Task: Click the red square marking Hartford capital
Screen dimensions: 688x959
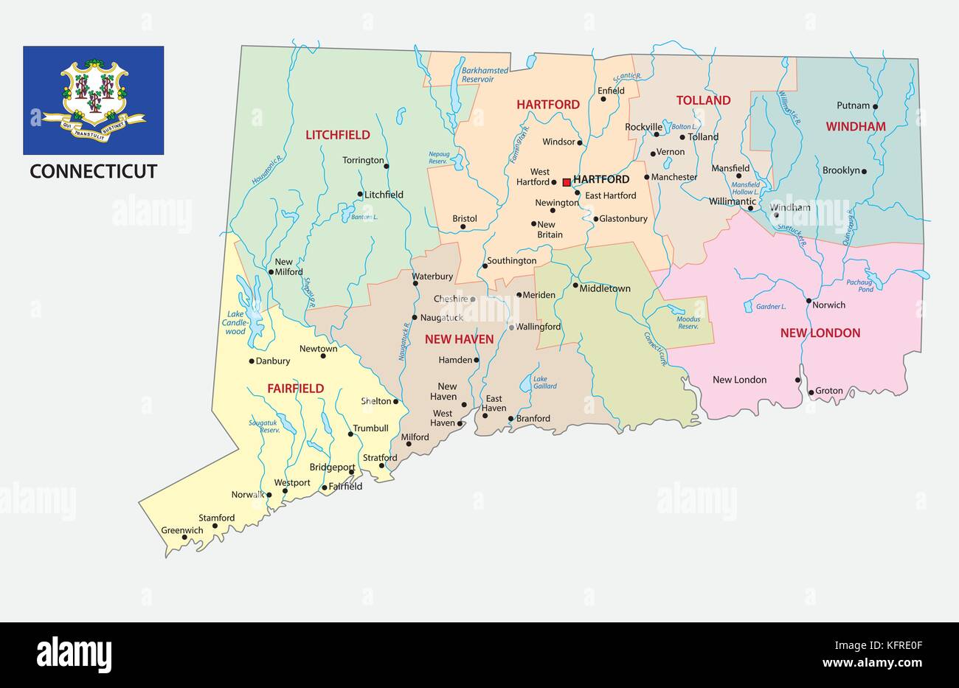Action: click(567, 181)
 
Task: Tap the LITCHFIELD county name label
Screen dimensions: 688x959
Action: click(338, 135)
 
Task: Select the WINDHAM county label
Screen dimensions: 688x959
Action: click(855, 127)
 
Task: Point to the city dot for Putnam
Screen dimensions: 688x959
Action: click(876, 107)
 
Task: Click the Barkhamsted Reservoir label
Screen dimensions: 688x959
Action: click(485, 74)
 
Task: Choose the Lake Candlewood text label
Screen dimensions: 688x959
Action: click(235, 323)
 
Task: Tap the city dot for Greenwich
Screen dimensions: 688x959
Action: click(184, 538)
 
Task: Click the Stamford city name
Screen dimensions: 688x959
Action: click(216, 518)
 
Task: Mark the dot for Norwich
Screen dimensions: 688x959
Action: click(809, 301)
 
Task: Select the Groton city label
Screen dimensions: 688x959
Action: click(829, 391)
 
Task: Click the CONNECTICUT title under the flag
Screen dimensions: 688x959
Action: click(93, 172)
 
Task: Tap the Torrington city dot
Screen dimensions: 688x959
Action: click(387, 166)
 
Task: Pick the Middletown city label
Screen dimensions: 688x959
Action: click(605, 288)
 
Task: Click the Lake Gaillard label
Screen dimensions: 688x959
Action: click(544, 382)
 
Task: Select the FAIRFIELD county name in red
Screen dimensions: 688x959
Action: click(295, 389)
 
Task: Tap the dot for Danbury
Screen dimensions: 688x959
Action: click(252, 361)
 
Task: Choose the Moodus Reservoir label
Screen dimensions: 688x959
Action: click(688, 322)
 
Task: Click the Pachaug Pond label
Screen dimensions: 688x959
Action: click(859, 286)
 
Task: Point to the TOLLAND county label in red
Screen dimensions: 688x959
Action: click(703, 100)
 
